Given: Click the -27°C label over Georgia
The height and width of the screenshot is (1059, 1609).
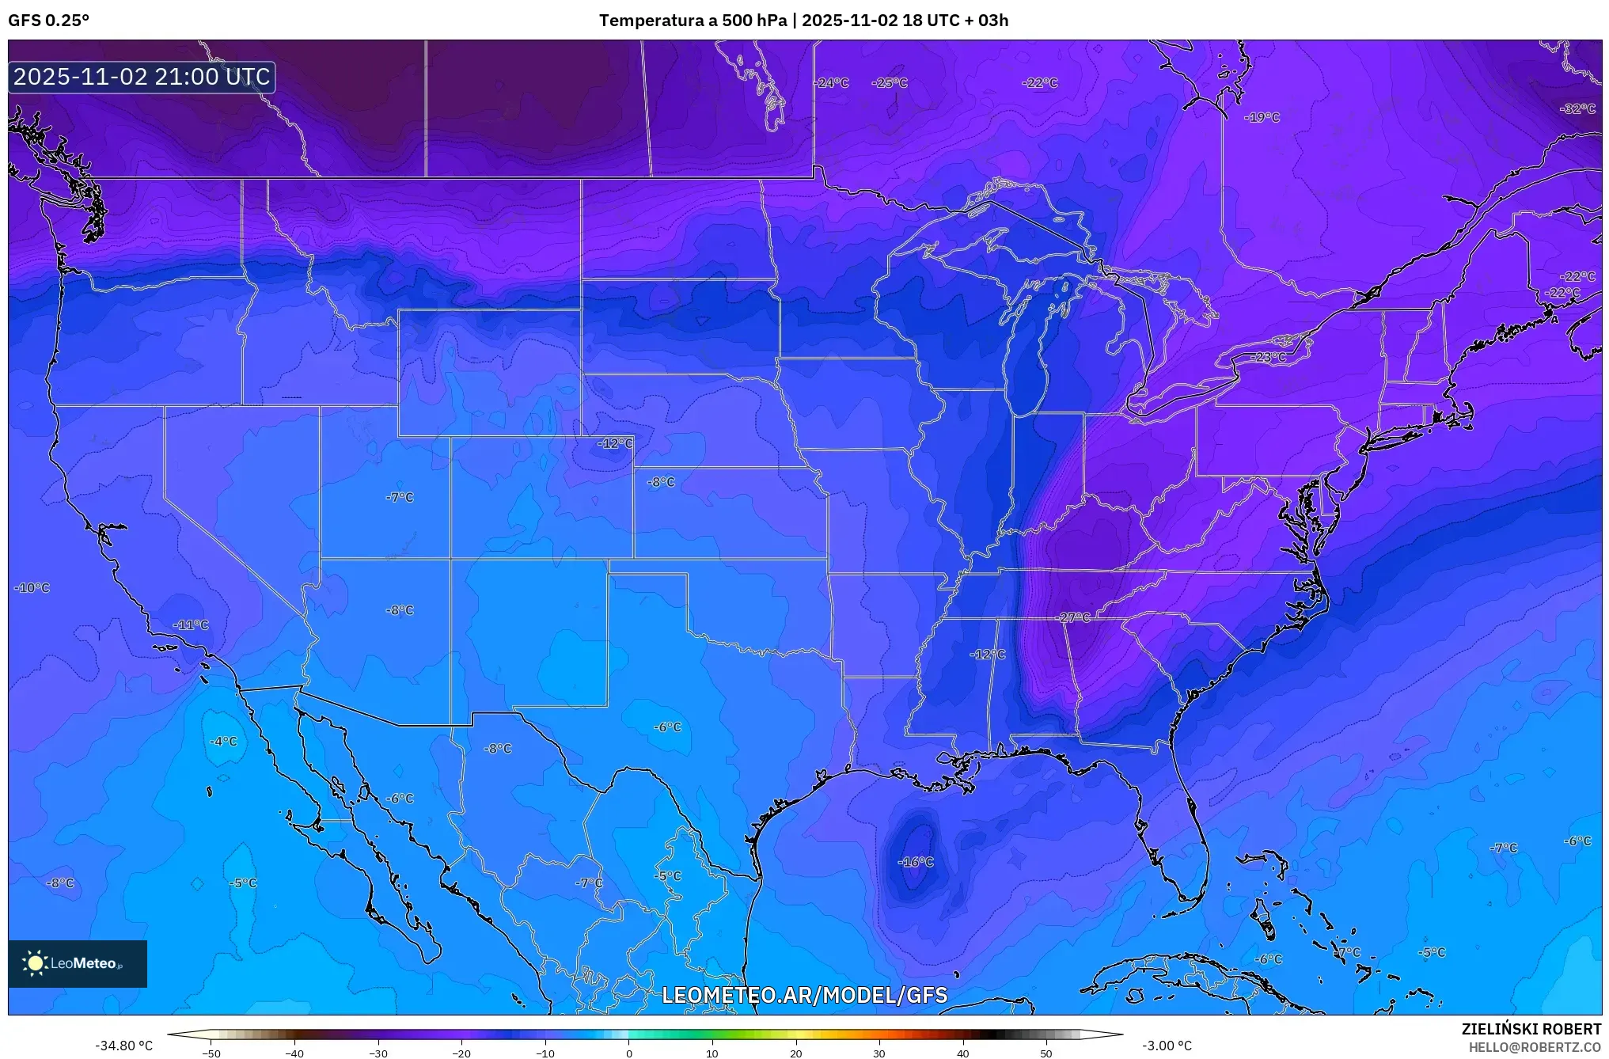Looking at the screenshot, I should [1074, 617].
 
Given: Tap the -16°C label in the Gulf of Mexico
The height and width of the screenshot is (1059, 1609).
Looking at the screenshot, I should [916, 862].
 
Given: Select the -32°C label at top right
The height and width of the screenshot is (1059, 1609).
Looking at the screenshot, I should [1577, 108].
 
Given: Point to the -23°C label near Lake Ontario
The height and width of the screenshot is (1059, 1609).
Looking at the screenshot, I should [1268, 357].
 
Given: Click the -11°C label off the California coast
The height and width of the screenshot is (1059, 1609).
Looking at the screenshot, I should [191, 624].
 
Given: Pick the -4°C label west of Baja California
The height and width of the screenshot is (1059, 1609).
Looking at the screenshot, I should [223, 742].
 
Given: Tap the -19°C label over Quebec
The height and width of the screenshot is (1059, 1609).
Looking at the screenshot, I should [1262, 117].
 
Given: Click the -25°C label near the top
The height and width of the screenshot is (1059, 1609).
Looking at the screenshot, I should [890, 82].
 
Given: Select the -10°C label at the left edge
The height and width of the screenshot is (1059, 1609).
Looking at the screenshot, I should [32, 588].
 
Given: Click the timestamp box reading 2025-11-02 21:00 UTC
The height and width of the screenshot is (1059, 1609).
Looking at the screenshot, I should [142, 77].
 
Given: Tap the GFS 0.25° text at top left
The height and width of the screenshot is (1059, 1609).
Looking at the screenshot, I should [48, 21].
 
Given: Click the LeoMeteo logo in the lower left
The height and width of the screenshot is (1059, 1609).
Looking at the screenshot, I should [78, 963].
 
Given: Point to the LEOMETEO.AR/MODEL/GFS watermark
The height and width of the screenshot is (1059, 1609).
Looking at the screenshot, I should [804, 995].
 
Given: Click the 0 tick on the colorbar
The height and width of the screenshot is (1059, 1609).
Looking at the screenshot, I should [629, 1053].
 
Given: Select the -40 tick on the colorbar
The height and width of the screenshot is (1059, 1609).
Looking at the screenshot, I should [294, 1053].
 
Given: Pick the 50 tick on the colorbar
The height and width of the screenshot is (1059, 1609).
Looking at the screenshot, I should [1046, 1053].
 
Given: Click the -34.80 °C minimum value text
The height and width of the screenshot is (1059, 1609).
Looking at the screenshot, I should [123, 1046].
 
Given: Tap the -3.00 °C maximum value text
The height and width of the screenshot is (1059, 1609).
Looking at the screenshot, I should [1167, 1046].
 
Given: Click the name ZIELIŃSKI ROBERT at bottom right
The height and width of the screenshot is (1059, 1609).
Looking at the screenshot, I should [1531, 1029].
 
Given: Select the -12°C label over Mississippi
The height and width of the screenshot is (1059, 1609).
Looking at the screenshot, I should [988, 655].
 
